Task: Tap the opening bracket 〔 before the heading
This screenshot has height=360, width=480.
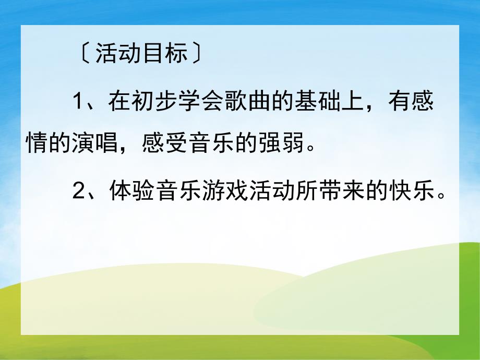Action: [x=83, y=54]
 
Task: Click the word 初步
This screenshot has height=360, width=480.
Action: [x=157, y=102]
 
